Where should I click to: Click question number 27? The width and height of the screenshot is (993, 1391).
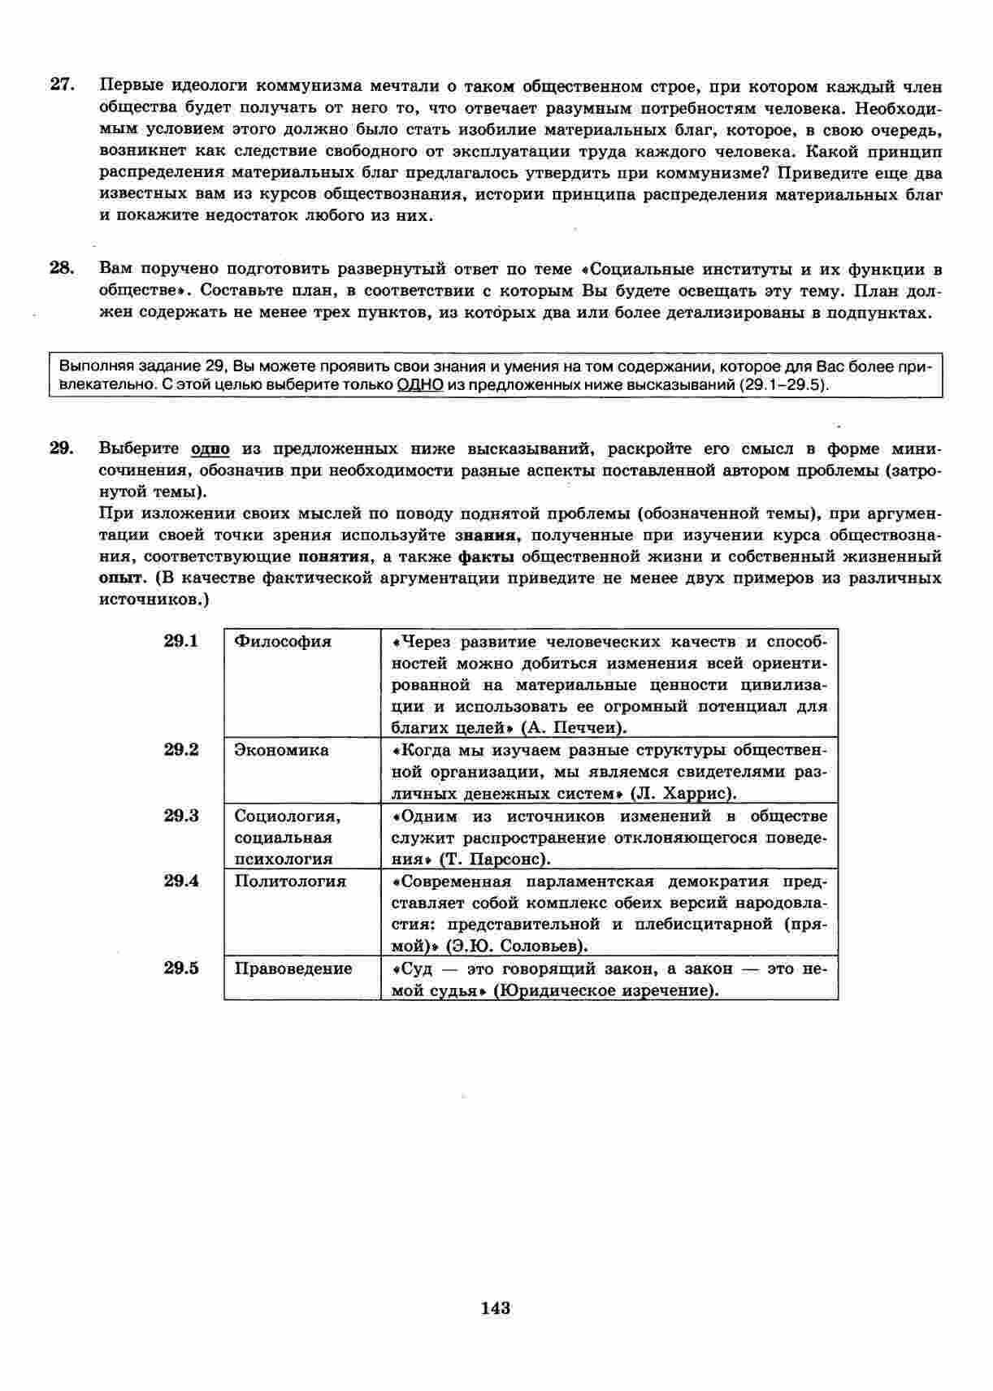pyautogui.click(x=63, y=85)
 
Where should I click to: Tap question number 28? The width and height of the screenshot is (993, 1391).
pyautogui.click(x=63, y=268)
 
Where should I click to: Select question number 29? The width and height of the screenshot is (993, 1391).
pyautogui.click(x=63, y=448)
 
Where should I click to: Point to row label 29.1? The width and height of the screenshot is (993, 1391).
pyautogui.click(x=181, y=641)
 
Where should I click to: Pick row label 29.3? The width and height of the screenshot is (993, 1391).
pyautogui.click(x=181, y=816)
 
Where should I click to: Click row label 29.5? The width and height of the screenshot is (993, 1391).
pyautogui.click(x=181, y=968)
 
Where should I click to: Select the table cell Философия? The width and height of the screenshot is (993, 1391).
pyautogui.click(x=283, y=642)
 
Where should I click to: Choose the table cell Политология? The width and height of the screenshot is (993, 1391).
pyautogui.click(x=290, y=882)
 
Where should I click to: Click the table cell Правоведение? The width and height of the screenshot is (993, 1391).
pyautogui.click(x=293, y=968)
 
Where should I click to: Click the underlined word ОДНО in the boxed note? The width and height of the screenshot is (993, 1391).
pyautogui.click(x=419, y=384)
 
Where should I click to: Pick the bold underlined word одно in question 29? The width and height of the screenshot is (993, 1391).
pyautogui.click(x=210, y=448)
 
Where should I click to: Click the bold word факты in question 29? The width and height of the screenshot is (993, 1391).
pyautogui.click(x=486, y=557)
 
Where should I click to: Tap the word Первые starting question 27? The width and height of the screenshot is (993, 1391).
pyautogui.click(x=131, y=85)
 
